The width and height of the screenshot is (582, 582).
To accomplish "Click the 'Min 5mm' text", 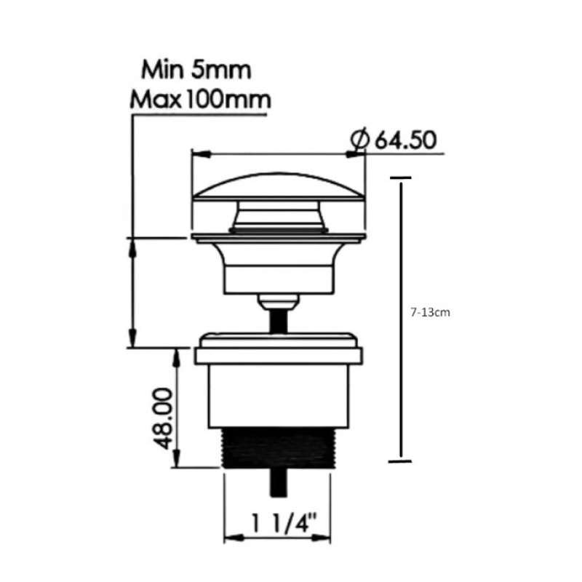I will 196,70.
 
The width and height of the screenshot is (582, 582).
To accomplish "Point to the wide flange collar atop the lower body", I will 278,356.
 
